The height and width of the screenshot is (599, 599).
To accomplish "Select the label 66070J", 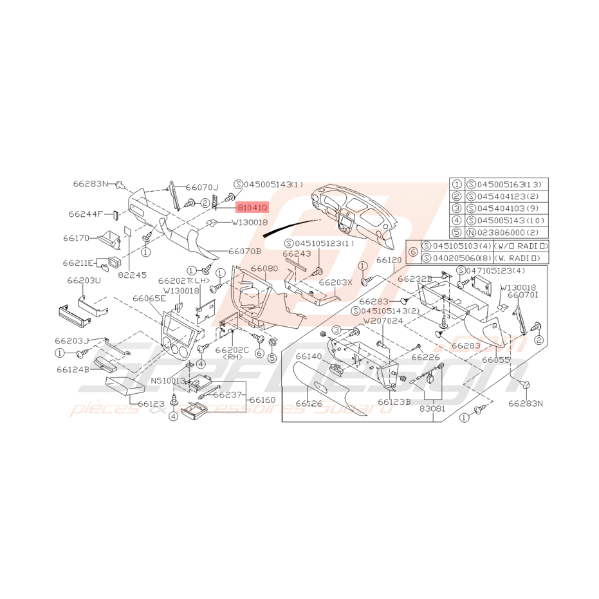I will (202, 187).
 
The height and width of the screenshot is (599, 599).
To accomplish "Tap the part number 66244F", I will (86, 214).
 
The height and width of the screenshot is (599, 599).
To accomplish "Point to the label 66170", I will (77, 238).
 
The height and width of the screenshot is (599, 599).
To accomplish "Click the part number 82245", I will (133, 274).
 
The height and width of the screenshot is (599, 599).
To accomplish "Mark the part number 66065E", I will (149, 299).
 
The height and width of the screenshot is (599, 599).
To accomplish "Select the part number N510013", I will (168, 380).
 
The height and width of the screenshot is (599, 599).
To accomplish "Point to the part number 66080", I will (264, 268).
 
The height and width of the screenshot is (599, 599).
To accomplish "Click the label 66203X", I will (336, 282).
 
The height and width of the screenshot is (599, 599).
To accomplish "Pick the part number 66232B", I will (414, 279).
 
